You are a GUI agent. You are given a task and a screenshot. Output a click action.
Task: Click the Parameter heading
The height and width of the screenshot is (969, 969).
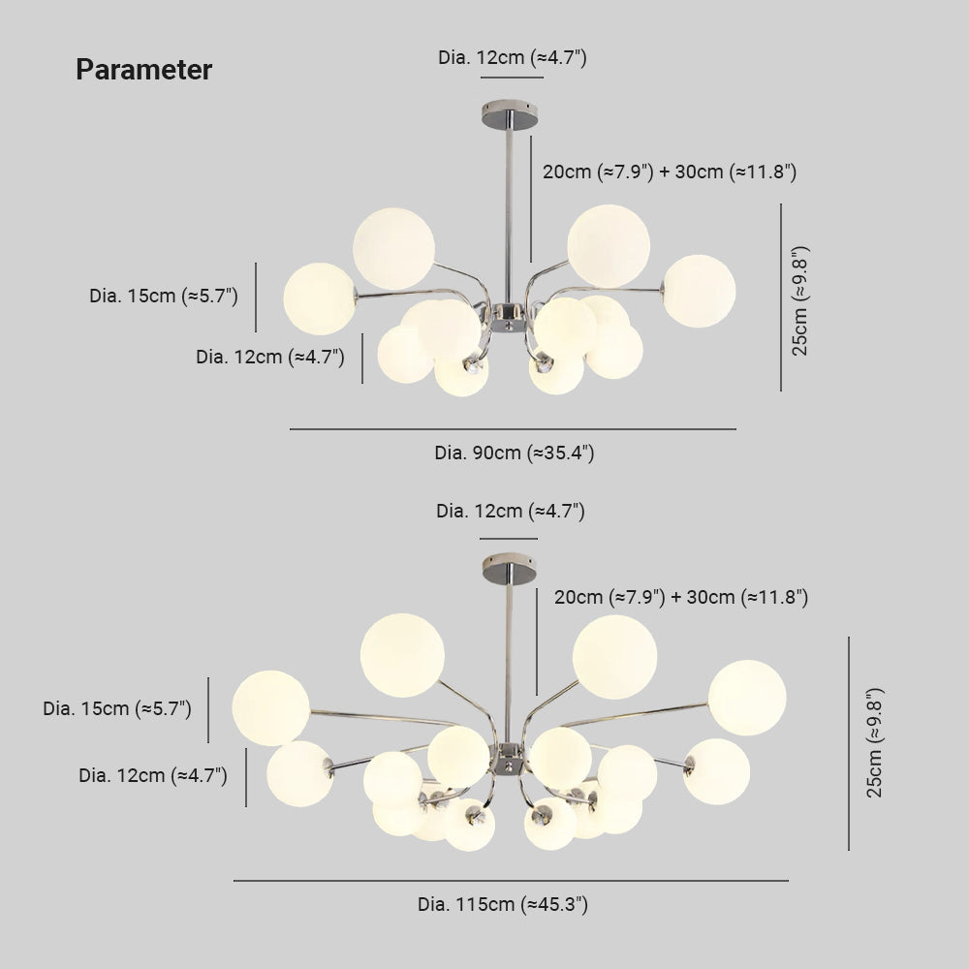[144, 70]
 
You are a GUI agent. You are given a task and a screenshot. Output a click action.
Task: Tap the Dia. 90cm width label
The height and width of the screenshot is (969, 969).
[515, 453]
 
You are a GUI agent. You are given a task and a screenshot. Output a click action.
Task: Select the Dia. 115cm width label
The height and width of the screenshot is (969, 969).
[503, 905]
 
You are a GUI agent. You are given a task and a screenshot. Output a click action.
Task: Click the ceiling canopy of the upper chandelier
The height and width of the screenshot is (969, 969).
[510, 115]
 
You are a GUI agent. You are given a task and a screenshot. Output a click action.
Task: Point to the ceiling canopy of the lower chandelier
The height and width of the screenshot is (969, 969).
[510, 568]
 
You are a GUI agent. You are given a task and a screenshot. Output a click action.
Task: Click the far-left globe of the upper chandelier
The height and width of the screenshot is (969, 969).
[320, 299]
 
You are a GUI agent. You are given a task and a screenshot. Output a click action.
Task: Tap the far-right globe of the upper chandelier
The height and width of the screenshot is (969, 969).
[699, 291]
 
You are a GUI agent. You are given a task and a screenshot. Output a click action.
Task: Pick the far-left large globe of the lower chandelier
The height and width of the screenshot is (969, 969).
[270, 708]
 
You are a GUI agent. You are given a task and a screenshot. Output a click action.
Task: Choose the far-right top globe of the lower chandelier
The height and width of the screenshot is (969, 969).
[747, 698]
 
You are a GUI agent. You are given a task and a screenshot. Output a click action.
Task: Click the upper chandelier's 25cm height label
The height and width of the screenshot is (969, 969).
[799, 300]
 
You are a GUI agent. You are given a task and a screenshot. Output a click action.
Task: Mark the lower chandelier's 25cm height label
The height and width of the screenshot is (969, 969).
[874, 743]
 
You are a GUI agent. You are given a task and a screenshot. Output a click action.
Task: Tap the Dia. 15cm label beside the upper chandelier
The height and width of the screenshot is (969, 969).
[164, 296]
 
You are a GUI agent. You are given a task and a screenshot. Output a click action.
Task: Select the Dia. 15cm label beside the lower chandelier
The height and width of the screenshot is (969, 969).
[117, 709]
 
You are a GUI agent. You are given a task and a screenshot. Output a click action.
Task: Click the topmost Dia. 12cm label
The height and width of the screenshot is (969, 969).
[513, 57]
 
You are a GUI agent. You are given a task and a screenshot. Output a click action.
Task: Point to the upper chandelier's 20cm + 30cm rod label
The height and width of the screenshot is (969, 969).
[670, 172]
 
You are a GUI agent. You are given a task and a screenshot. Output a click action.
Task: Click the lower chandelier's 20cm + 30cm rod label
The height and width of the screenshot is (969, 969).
[681, 597]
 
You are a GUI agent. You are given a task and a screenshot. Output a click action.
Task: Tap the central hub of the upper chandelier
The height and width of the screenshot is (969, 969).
[508, 317]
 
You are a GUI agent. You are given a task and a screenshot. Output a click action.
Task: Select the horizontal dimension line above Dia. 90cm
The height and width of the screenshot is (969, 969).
[513, 429]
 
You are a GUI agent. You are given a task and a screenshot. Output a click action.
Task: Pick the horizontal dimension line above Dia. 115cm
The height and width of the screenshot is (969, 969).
[511, 881]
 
